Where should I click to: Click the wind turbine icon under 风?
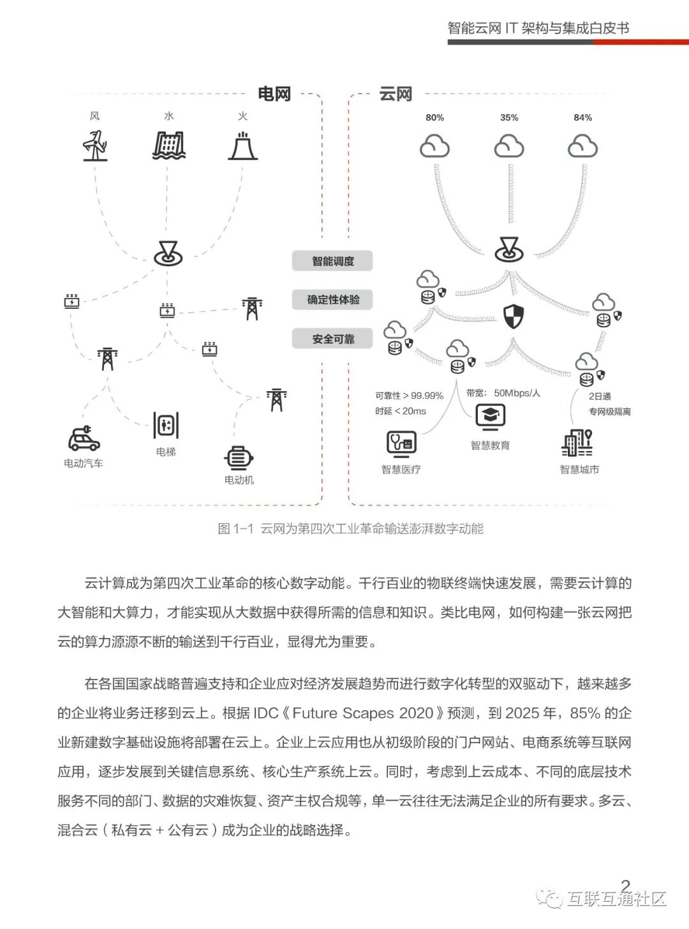pyautogui.click(x=95, y=146)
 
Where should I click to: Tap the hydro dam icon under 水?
pyautogui.click(x=168, y=145)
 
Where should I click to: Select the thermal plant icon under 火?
pyautogui.click(x=243, y=146)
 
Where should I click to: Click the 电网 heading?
pyautogui.click(x=274, y=94)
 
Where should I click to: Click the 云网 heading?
pyautogui.click(x=396, y=94)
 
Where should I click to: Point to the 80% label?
pyautogui.click(x=434, y=117)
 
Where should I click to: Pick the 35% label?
pyautogui.click(x=509, y=117)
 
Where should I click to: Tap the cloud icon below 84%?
pyautogui.click(x=582, y=146)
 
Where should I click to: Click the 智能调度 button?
pyautogui.click(x=332, y=261)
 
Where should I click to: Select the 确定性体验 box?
pyautogui.click(x=332, y=300)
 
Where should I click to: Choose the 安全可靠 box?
pyautogui.click(x=332, y=339)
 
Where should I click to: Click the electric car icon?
pyautogui.click(x=84, y=438)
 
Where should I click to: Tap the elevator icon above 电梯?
pyautogui.click(x=166, y=425)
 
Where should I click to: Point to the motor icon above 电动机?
pyautogui.click(x=239, y=458)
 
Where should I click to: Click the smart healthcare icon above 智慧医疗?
pyautogui.click(x=401, y=444)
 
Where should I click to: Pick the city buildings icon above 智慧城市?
pyautogui.click(x=577, y=442)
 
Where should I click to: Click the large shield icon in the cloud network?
pyautogui.click(x=514, y=316)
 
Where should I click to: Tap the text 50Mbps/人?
pyautogui.click(x=517, y=393)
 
